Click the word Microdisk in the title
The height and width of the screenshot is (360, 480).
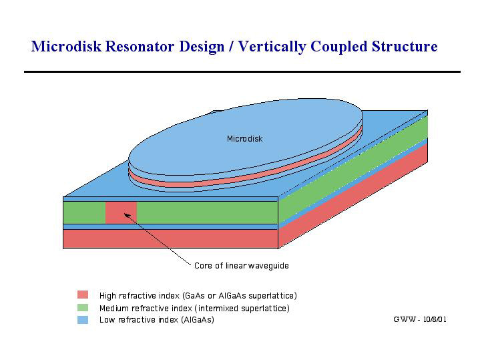coord(66,46)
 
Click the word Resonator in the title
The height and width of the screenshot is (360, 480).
coord(140,46)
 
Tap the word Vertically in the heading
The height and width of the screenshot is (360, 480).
coord(272,47)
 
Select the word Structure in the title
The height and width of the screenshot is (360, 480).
coord(405,46)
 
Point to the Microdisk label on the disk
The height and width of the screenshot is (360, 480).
coord(244,139)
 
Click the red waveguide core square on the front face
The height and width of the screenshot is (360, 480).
coord(121,212)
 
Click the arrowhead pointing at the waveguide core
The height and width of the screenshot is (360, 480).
coord(127,216)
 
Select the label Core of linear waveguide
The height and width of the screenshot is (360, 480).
coord(242,266)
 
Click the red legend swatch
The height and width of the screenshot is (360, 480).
coord(83,295)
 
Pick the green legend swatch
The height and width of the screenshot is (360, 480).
coord(83,307)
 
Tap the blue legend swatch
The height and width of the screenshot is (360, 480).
coord(83,320)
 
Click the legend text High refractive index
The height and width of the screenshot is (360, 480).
coord(140,296)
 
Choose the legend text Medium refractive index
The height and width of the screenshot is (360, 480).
coord(146,308)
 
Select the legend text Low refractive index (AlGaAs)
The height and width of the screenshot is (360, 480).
coord(157,320)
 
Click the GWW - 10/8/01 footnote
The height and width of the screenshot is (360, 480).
coord(420,319)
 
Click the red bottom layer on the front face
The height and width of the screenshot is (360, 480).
coord(170,239)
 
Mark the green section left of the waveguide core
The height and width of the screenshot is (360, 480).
coord(84,212)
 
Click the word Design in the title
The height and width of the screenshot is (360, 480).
coord(202,47)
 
